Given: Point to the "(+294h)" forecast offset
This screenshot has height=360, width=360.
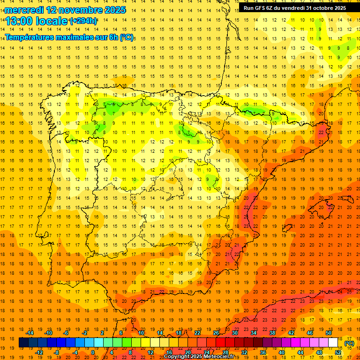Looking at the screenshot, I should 83,21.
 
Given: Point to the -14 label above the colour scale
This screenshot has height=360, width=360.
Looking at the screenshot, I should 30,333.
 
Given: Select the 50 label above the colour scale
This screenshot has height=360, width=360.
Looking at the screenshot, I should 329,333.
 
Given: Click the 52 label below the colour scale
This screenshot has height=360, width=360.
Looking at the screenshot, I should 338,352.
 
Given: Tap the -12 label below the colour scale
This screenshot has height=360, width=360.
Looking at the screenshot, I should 39,352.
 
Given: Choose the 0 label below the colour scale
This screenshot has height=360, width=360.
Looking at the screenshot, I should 92,352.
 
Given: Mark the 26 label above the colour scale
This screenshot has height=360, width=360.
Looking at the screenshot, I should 216,333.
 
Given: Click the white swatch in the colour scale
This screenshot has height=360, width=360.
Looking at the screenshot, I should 333,343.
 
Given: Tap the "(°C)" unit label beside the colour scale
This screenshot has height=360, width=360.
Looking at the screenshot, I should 349,343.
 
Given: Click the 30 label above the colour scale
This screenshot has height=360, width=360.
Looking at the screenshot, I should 235,333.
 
